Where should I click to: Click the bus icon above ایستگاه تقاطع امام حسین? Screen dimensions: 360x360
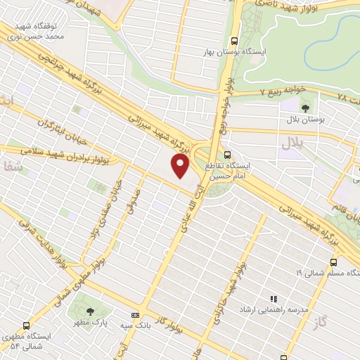[226, 155]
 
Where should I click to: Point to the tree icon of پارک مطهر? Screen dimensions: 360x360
[89, 311]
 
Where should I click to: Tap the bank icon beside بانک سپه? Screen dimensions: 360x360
[134, 315]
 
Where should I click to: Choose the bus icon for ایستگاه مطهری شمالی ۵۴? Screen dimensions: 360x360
[26, 326]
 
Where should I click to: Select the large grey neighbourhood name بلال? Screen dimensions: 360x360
[290, 143]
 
